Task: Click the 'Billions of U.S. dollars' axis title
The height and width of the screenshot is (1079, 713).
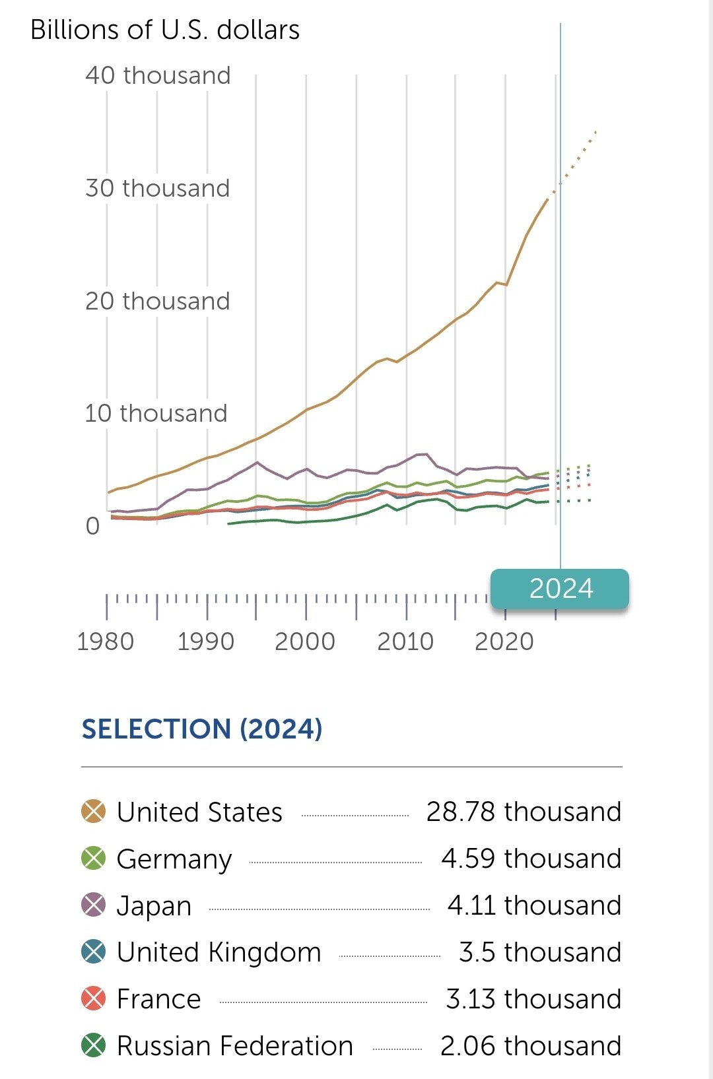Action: coord(165,30)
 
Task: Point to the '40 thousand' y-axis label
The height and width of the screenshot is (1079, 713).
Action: coord(158,76)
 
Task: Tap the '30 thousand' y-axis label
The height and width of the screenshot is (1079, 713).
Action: coord(158,189)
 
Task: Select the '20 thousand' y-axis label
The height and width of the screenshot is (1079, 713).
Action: coord(158,302)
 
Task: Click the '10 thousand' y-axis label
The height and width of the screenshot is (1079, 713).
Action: coord(156,414)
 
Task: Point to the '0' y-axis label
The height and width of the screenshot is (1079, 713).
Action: coord(92,527)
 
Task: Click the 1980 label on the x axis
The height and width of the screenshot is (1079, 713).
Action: coord(106,641)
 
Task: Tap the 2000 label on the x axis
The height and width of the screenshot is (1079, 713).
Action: coord(305,641)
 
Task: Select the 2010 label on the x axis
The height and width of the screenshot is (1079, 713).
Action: coord(405,641)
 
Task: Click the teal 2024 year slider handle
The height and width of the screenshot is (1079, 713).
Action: coord(560,589)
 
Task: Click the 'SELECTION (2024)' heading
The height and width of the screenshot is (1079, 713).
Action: coord(202,729)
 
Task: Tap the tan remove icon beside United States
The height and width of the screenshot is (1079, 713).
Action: coord(94,812)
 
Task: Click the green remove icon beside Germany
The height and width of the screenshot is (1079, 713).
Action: coord(94,859)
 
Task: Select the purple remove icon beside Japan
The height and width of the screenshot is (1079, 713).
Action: coord(94,905)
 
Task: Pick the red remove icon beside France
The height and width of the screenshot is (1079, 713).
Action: coord(94,999)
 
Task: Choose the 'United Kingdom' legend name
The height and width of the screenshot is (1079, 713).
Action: coord(219,952)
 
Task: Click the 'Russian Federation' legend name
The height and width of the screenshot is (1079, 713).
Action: coord(234,1046)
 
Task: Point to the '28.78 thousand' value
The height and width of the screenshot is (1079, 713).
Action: coord(524,812)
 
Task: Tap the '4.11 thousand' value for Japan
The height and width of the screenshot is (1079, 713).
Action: coord(534,905)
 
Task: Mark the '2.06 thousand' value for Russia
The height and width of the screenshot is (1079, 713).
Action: coord(531,1046)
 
